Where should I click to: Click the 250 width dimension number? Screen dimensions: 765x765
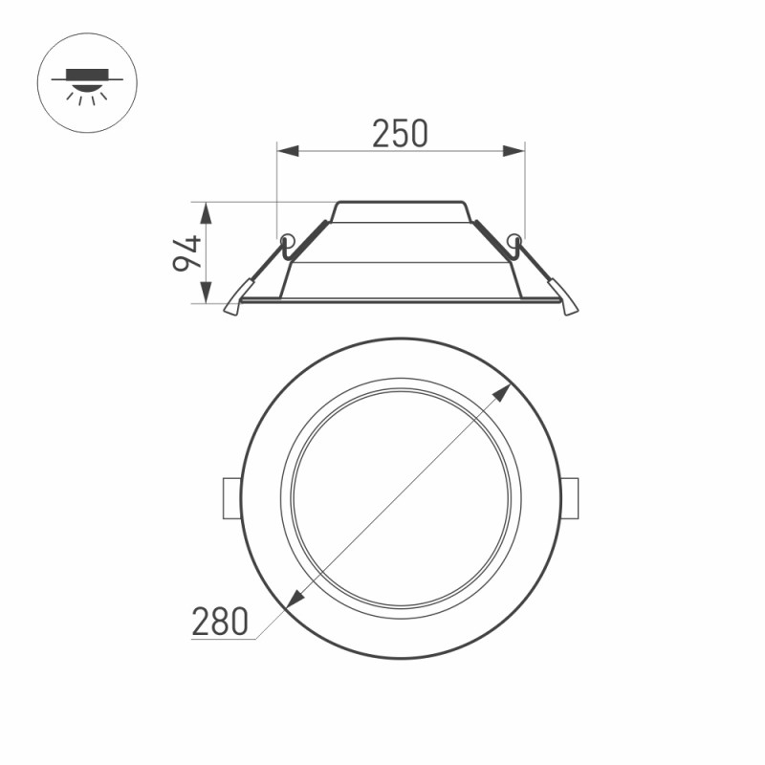[x=400, y=134]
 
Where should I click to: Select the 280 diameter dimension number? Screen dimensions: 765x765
[x=220, y=622]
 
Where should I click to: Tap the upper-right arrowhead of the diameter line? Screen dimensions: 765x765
[x=504, y=392]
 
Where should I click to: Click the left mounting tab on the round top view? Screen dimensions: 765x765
[x=230, y=498]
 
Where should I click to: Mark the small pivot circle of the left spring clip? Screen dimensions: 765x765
[x=286, y=239]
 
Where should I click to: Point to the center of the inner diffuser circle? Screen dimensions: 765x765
[x=401, y=497]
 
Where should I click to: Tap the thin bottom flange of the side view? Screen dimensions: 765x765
[x=401, y=300]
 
